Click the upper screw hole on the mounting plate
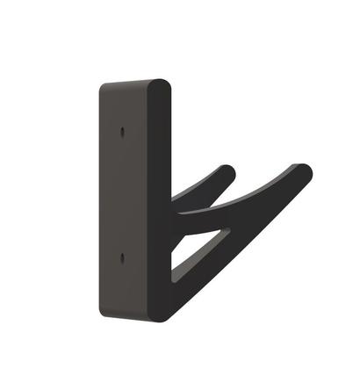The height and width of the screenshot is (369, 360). tap(121, 133)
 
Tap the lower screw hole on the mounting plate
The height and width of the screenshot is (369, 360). tap(121, 258)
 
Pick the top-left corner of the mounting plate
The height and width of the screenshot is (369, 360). tap(100, 86)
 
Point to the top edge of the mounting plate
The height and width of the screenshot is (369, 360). tap(132, 83)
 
